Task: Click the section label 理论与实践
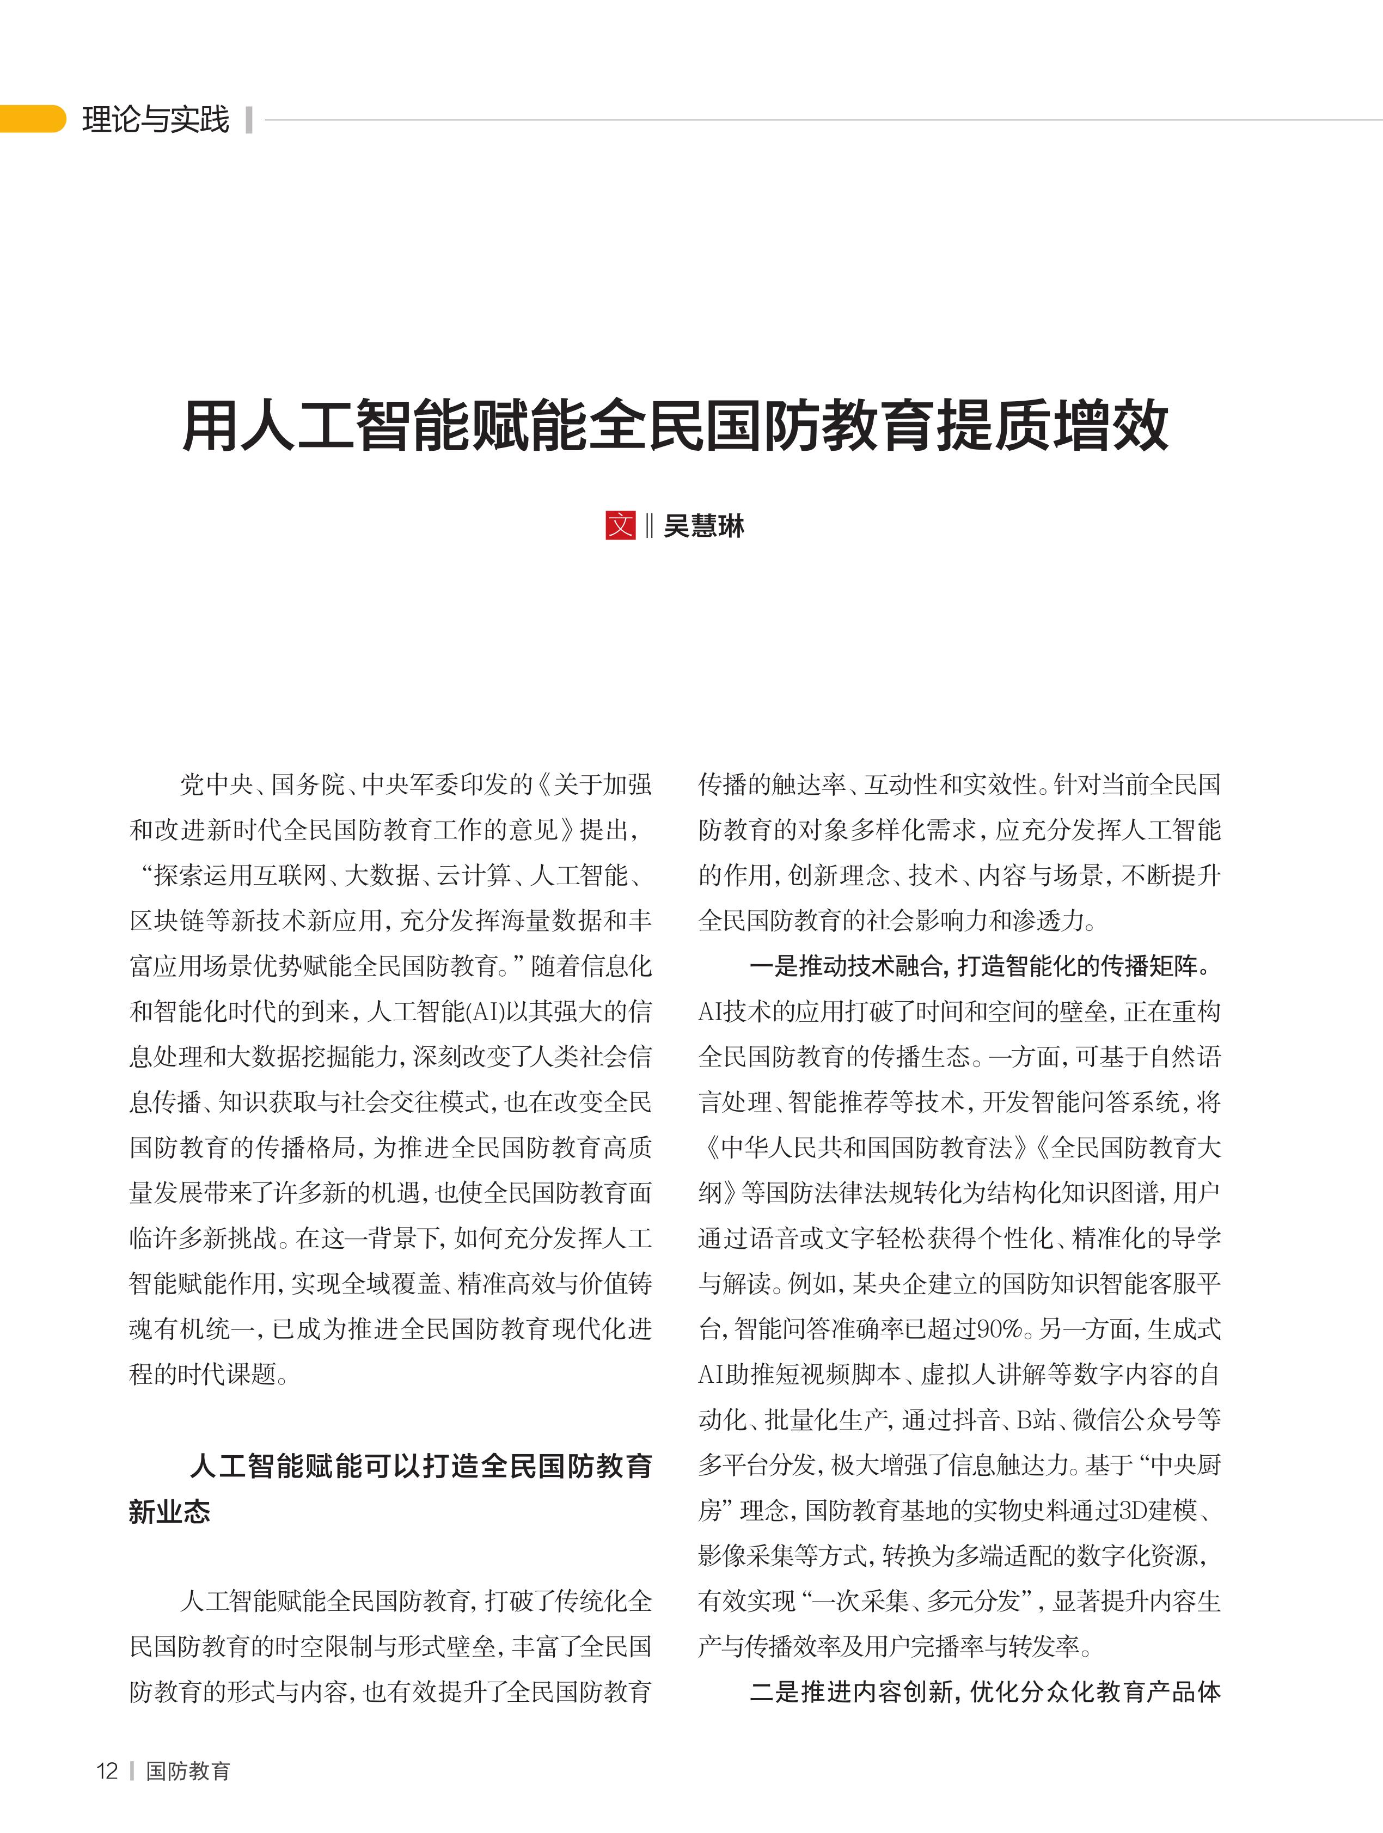(155, 119)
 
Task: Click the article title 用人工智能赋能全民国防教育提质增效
(675, 426)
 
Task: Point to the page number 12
(107, 1771)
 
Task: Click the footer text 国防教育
(188, 1771)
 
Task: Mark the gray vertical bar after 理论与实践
(249, 119)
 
